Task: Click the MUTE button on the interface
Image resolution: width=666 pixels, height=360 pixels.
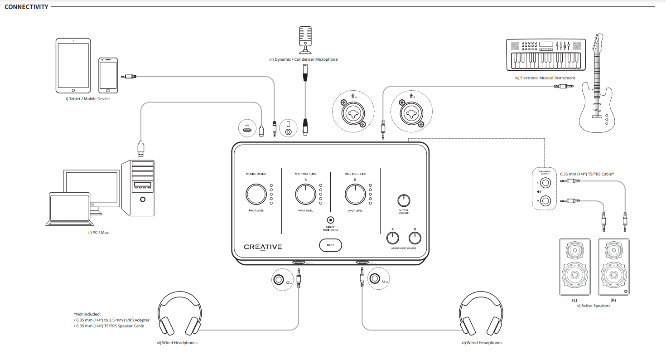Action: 331,246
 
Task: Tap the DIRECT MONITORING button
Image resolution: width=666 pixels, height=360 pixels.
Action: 331,220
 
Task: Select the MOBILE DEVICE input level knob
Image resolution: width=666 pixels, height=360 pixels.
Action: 256,194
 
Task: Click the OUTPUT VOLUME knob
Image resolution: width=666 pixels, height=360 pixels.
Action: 404,200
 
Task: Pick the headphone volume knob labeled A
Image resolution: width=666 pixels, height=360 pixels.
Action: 392,237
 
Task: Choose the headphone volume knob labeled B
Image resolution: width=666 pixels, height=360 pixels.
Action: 415,237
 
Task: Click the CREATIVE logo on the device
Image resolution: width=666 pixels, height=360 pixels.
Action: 263,247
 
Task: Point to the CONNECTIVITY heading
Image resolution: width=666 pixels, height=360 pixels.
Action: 26,7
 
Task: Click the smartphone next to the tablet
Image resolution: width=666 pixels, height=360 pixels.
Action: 108,75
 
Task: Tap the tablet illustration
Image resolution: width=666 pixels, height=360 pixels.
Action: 73,65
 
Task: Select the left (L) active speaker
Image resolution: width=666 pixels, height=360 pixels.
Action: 574,267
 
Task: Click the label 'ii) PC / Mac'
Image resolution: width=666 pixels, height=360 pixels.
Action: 98,233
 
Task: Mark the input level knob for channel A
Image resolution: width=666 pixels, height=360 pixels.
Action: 306,194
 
